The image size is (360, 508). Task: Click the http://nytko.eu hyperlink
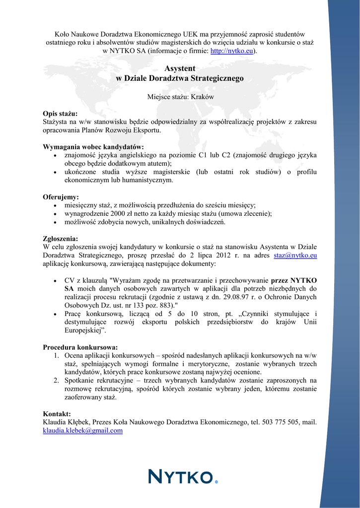pyautogui.click(x=232, y=51)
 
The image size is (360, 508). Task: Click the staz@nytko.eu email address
pyautogui.click(x=295, y=255)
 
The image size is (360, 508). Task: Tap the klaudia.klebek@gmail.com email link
pyautogui.click(x=82, y=431)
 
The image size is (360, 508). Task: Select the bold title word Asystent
pyautogui.click(x=180, y=68)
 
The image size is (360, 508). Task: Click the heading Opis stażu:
pyautogui.click(x=60, y=114)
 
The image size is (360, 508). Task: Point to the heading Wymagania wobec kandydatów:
pyautogui.click(x=93, y=147)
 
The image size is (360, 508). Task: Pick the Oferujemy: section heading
pyautogui.click(x=61, y=197)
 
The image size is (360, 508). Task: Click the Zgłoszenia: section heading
pyautogui.click(x=61, y=239)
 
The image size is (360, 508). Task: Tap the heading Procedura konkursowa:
pyautogui.click(x=80, y=347)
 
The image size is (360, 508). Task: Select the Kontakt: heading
pyautogui.click(x=57, y=414)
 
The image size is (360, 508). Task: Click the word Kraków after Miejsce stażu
pyautogui.click(x=203, y=97)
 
